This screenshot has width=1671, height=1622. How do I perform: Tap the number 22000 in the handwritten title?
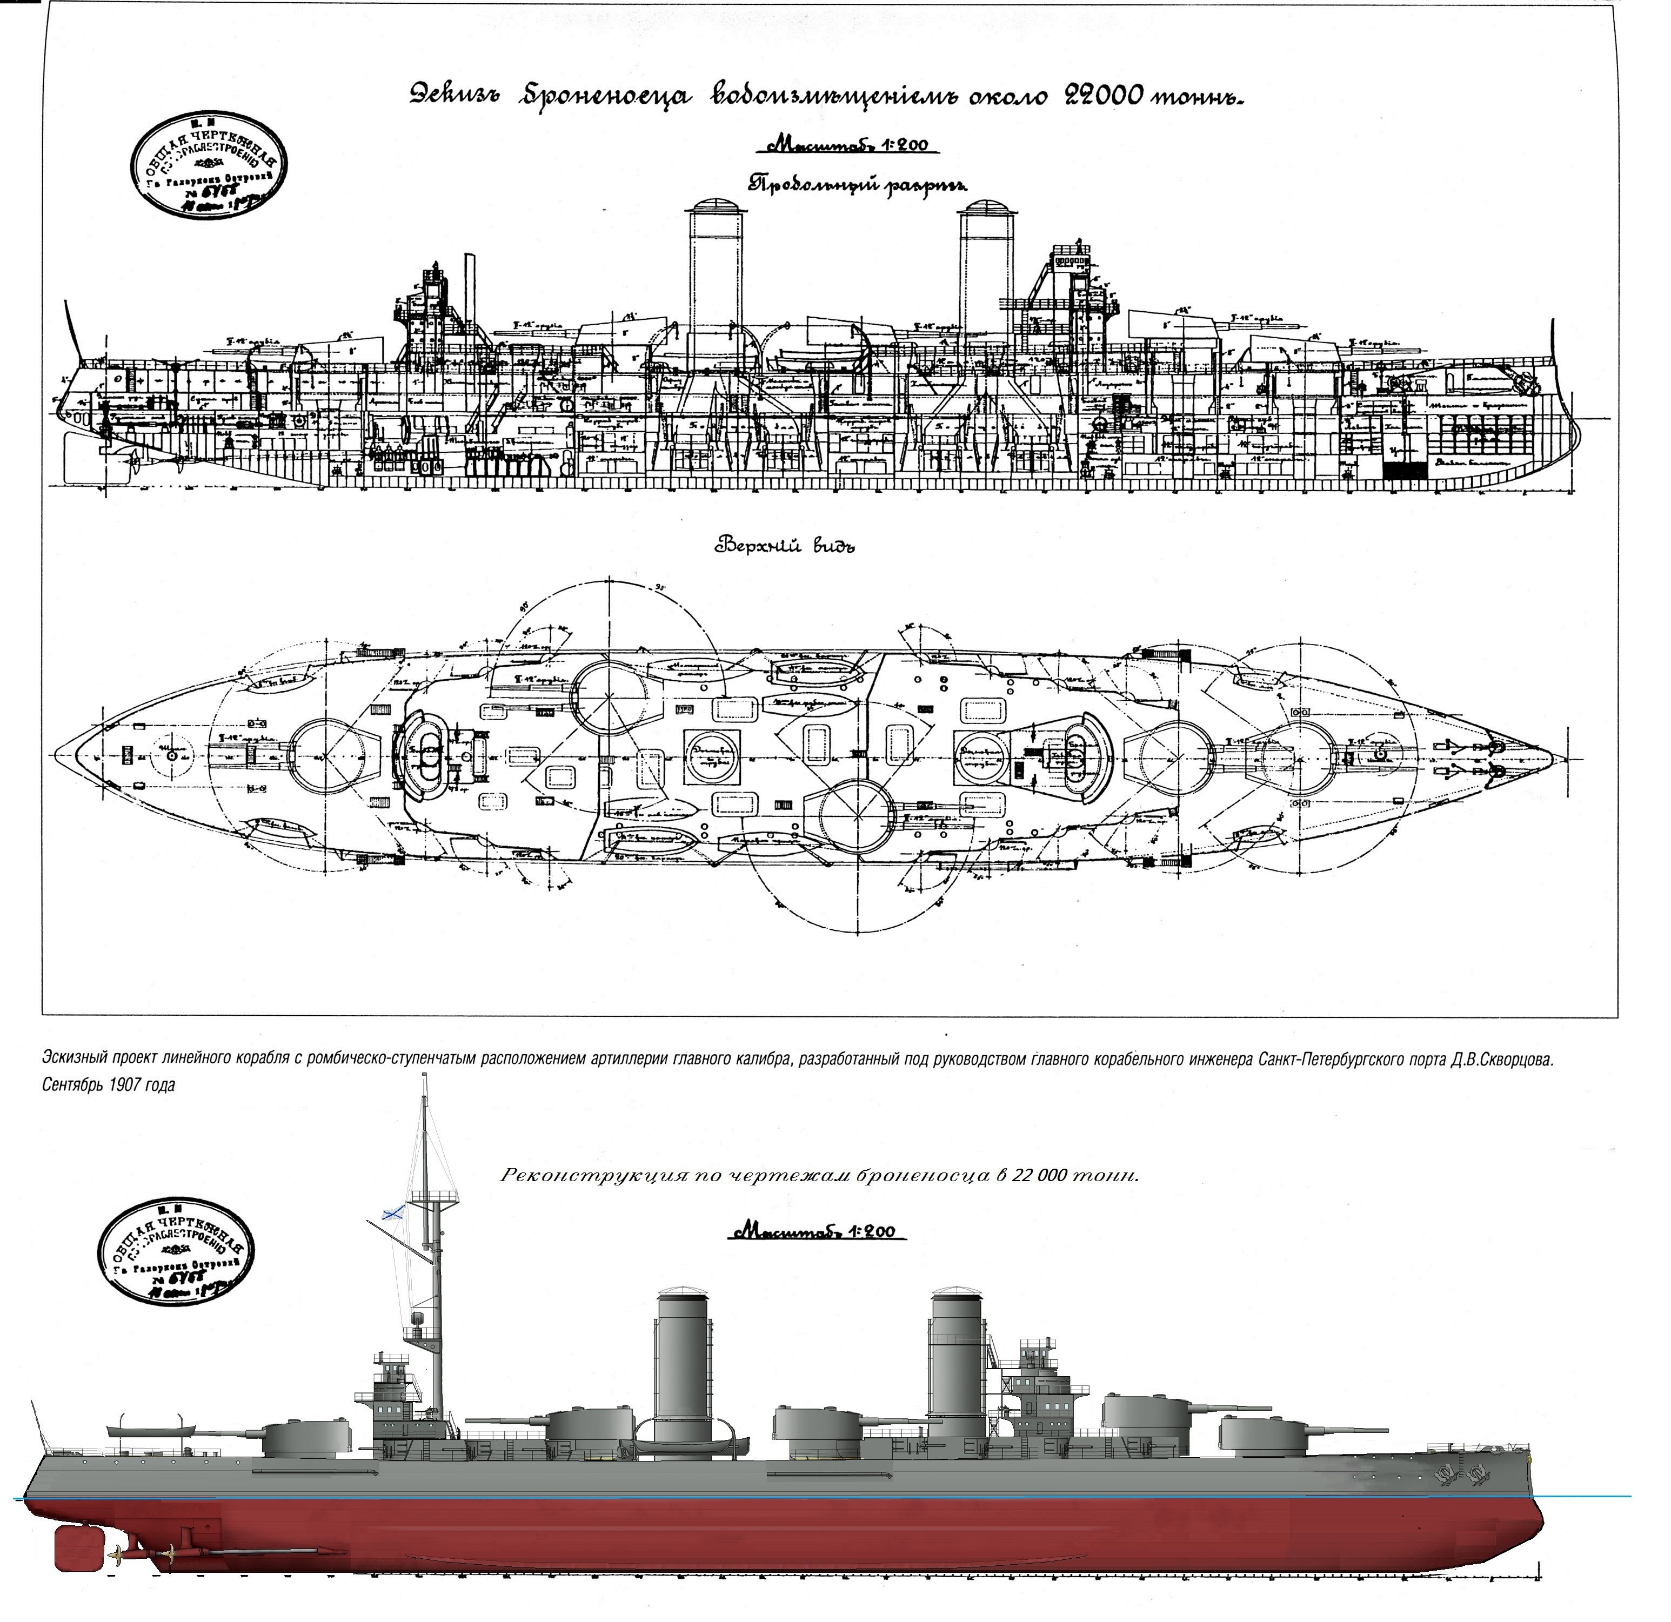tap(1100, 96)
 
